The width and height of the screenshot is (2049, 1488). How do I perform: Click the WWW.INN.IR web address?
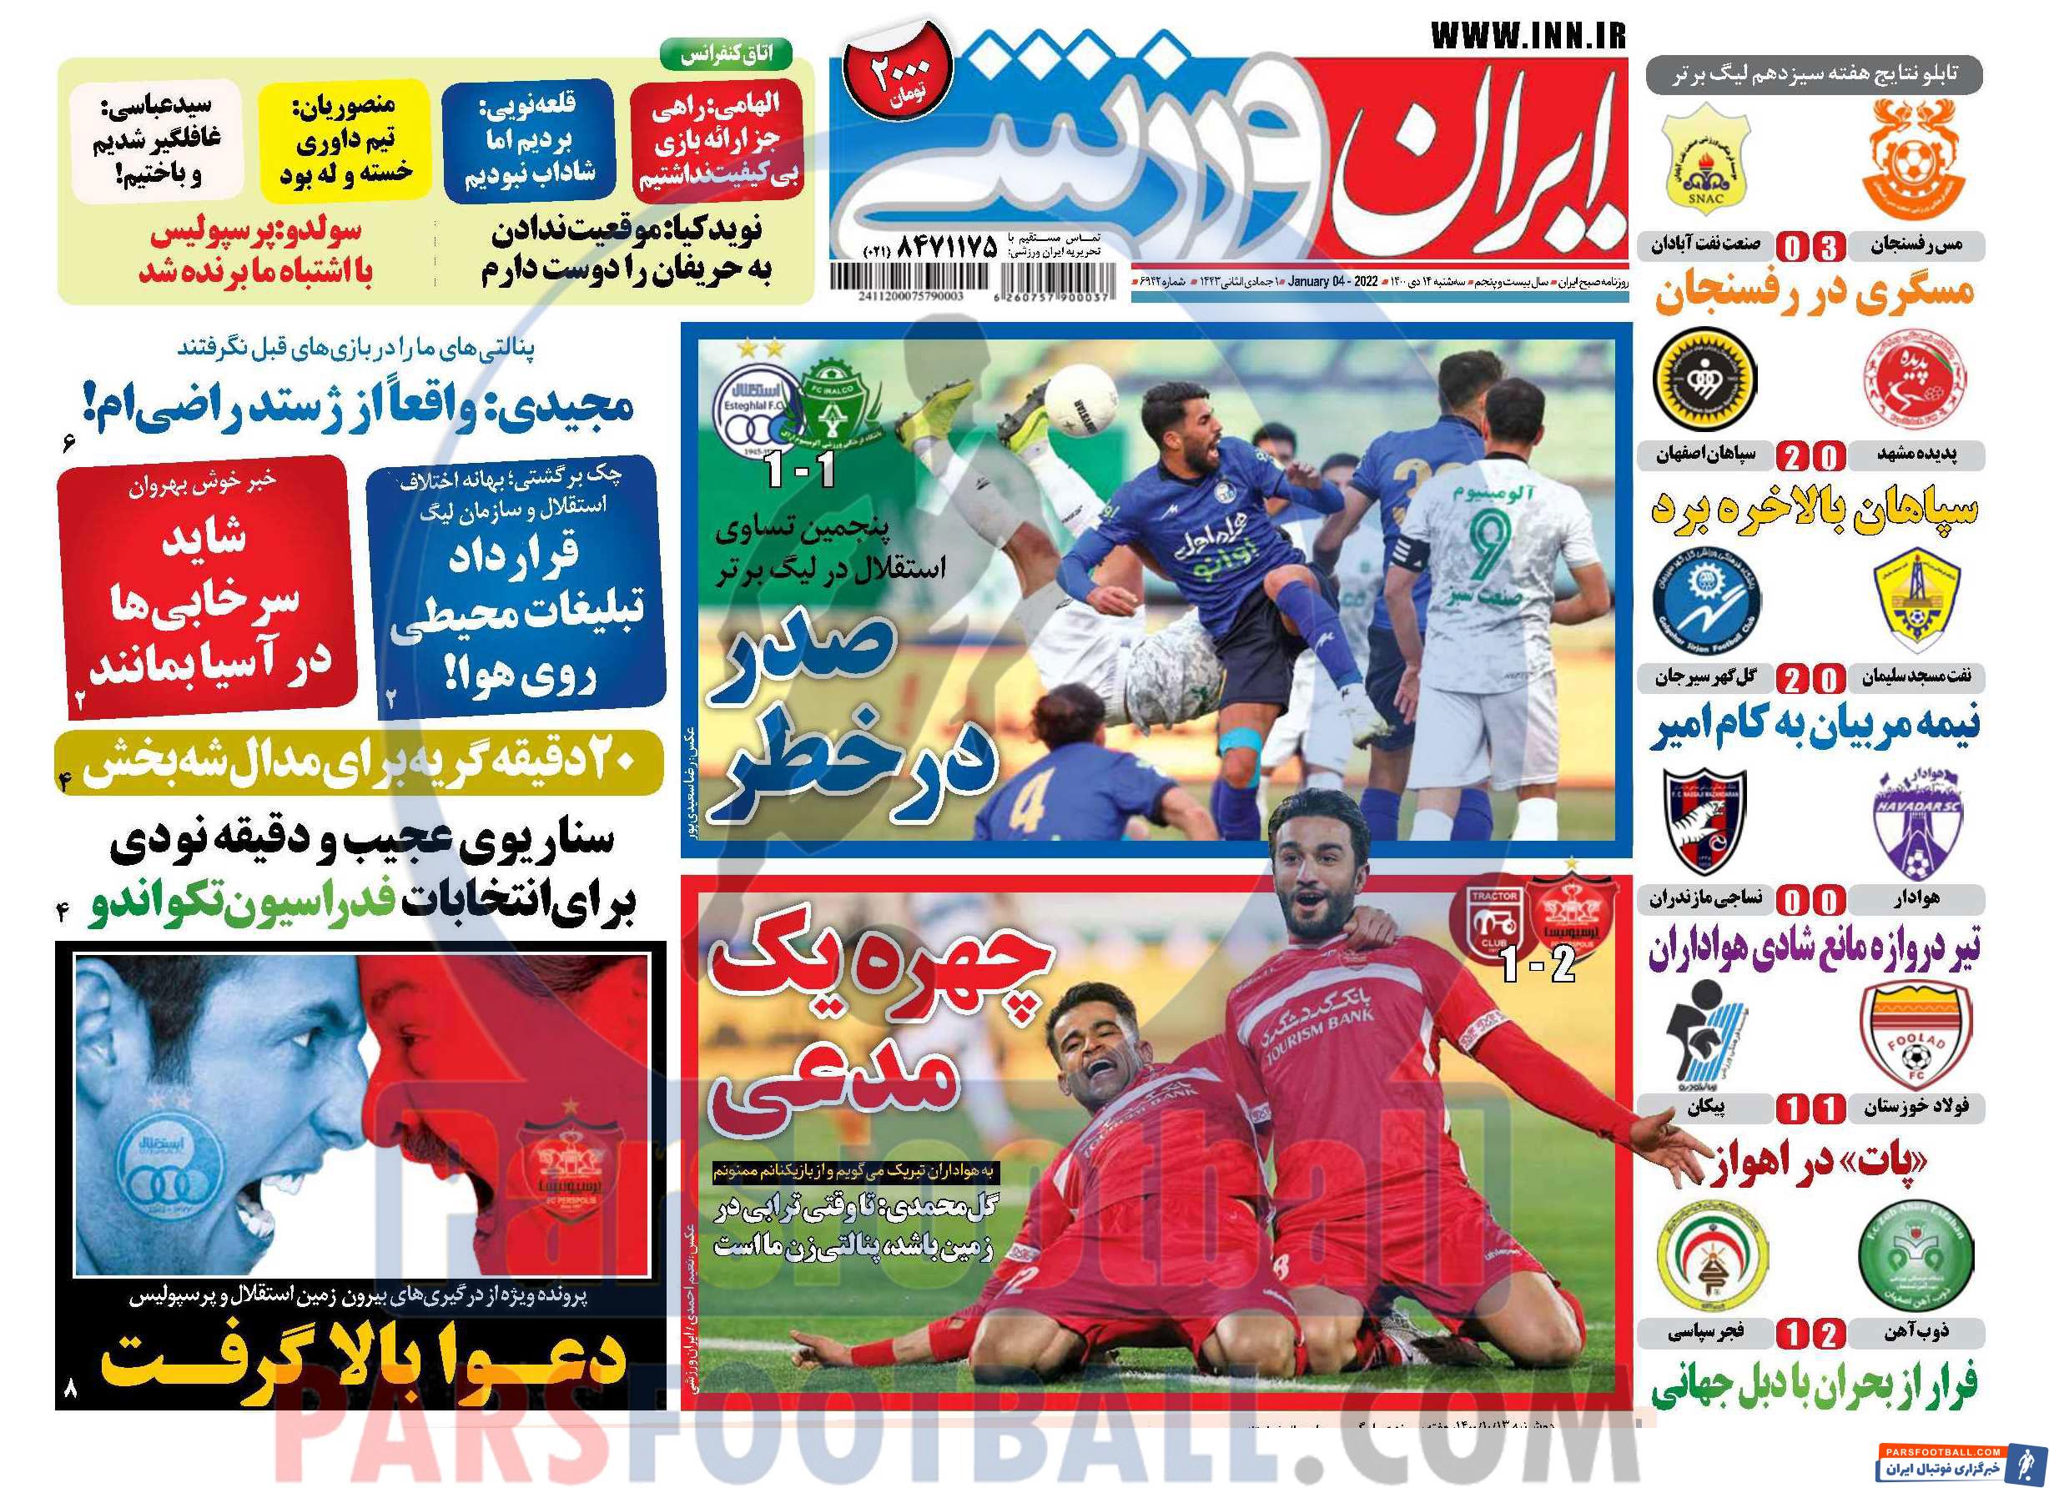pyautogui.click(x=1528, y=36)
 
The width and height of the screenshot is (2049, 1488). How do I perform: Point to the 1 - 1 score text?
pyautogui.click(x=800, y=470)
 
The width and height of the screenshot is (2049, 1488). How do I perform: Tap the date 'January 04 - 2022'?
pyautogui.click(x=1333, y=283)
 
